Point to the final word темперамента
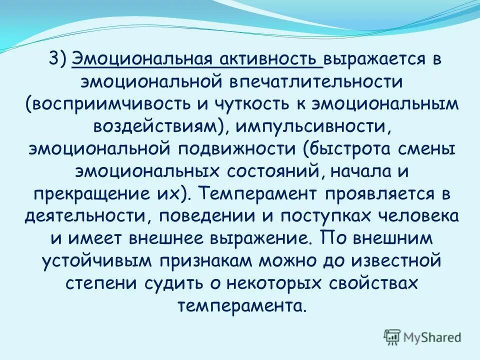239,305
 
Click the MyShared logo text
429,336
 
